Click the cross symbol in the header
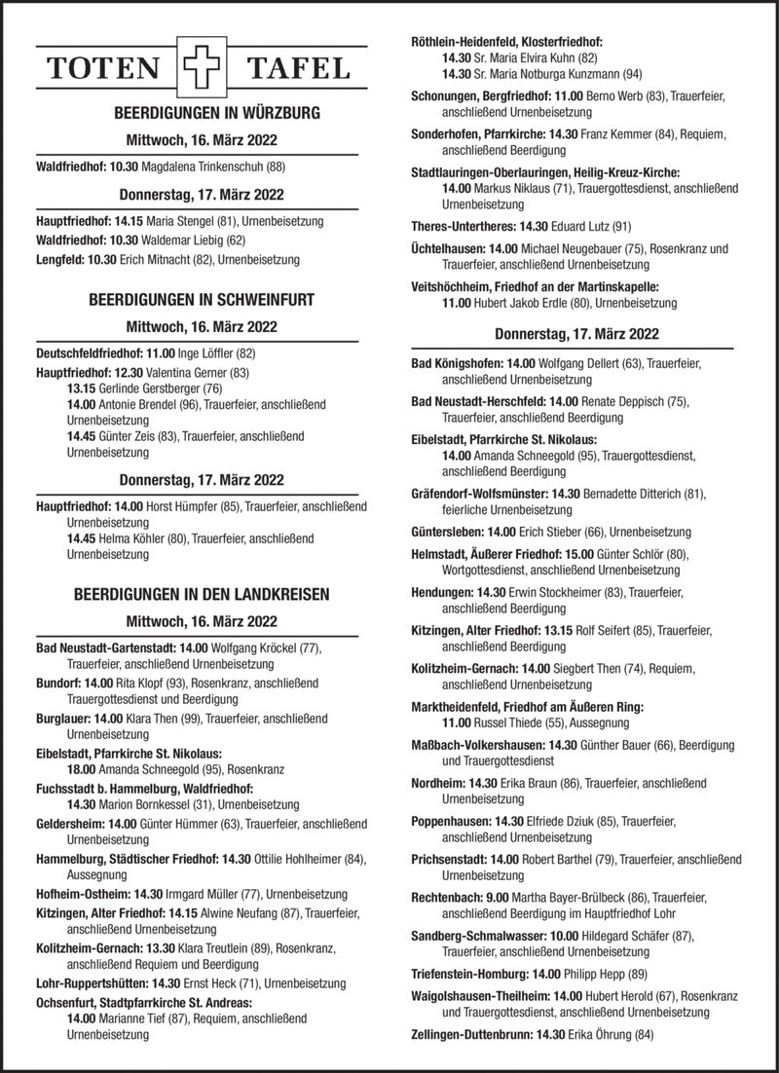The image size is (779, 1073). coord(198,67)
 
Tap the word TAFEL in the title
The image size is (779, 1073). coord(298,68)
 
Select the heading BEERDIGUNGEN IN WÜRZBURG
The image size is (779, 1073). coord(204,114)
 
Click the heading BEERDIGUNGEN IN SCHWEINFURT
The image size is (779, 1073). coord(202,300)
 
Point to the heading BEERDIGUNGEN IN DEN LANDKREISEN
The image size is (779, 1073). coord(203,593)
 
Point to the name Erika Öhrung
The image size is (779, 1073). coord(595,1034)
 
